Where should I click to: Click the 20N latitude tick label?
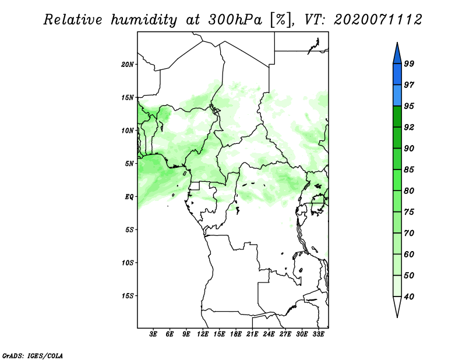coord(128,65)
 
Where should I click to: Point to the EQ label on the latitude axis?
coord(129,197)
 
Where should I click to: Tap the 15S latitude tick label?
coord(128,296)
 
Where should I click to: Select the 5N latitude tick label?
coord(129,164)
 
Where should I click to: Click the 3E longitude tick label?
coord(153,334)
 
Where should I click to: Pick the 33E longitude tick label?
coord(318,334)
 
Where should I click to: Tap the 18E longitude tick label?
coord(236,334)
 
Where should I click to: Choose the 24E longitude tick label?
coord(269,334)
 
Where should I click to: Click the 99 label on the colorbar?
coord(409,63)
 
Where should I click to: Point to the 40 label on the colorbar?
coord(409,297)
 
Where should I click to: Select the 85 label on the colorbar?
coord(409,170)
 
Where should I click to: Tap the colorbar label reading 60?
coord(409,254)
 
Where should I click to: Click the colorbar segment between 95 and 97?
coord(397,96)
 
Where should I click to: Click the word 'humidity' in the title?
coord(144,20)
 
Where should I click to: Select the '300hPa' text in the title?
coord(235,20)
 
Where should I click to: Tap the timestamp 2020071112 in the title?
coord(378,20)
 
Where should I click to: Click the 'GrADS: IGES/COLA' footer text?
coord(33,355)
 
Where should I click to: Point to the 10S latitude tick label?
coord(128,263)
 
